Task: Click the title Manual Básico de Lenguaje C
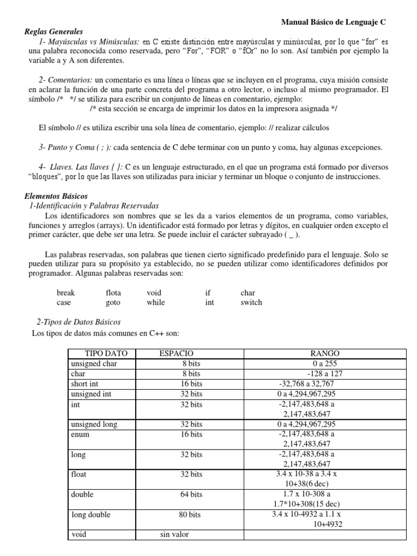[x=333, y=22]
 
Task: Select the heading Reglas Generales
[x=54, y=32]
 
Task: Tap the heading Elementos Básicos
[x=56, y=196]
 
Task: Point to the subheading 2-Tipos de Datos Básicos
[x=78, y=322]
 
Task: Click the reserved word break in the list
[x=66, y=293]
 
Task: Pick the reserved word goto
[x=113, y=302]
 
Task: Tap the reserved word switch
[x=251, y=302]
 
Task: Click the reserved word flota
[x=113, y=293]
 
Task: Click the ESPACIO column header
[x=176, y=353]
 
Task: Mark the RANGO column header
[x=324, y=353]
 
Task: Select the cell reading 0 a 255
[x=325, y=364]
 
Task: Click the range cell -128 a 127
[x=325, y=374]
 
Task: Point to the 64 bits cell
[x=191, y=495]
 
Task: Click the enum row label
[x=80, y=434]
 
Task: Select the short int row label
[x=83, y=384]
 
